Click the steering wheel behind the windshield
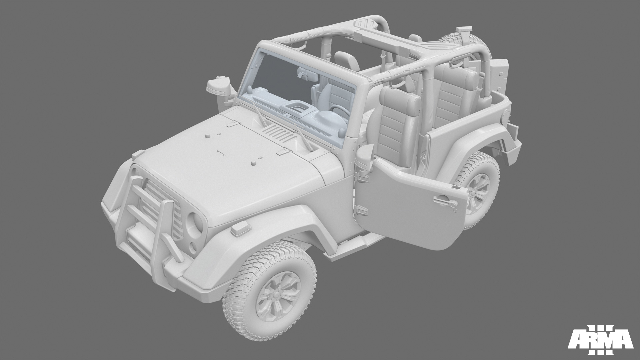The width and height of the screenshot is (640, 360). pyautogui.click(x=337, y=110)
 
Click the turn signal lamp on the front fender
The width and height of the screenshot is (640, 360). pyautogui.click(x=239, y=229)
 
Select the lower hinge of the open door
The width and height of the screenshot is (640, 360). pyautogui.click(x=361, y=210)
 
